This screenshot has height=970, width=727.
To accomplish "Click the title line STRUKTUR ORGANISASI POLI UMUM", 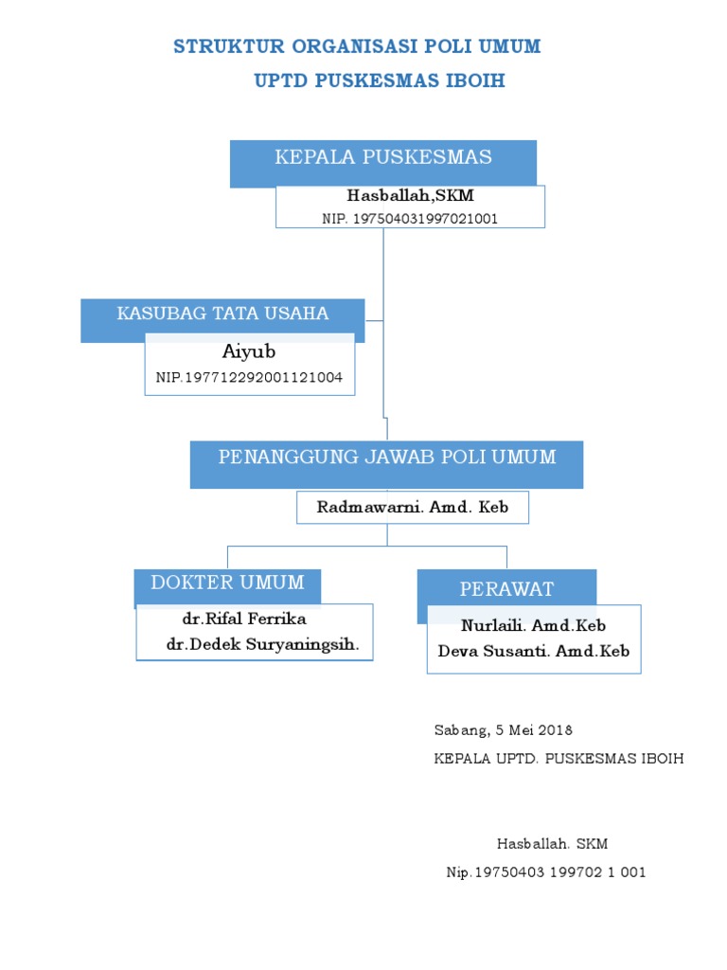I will (x=357, y=47).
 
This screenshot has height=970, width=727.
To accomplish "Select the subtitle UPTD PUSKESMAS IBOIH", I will (x=380, y=81).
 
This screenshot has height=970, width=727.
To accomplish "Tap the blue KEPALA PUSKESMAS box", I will (x=382, y=158).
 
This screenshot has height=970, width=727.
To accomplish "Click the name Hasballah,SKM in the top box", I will (x=410, y=196).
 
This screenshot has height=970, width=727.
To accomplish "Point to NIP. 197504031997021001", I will (x=410, y=218).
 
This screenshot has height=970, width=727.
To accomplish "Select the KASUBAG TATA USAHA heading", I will (x=222, y=314).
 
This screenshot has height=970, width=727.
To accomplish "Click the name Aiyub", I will (x=249, y=352).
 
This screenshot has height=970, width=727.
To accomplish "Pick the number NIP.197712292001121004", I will (x=249, y=378).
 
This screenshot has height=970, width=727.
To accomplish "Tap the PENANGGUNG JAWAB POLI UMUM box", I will (x=386, y=458).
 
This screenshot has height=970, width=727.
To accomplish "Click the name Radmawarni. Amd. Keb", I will (x=412, y=508).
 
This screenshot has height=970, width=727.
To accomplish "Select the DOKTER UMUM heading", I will (x=227, y=583).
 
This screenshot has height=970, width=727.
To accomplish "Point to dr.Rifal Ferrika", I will (x=244, y=620).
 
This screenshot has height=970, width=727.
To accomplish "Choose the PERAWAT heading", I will (x=506, y=589).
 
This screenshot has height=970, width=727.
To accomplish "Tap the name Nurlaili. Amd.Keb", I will (x=533, y=626).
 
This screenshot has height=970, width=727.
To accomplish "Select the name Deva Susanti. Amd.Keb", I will (x=533, y=652).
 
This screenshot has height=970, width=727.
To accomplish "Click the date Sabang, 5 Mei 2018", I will (x=503, y=730).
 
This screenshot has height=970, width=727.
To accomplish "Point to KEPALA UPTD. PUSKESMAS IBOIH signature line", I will (x=558, y=759).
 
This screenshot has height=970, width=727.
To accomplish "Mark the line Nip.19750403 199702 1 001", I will (x=546, y=872).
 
